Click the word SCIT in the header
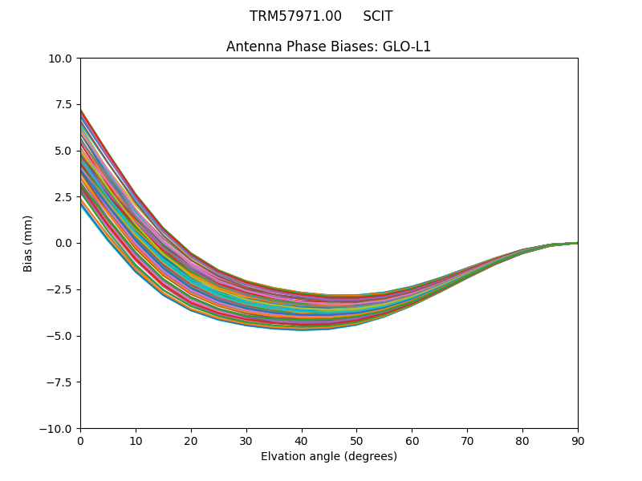tap(378, 16)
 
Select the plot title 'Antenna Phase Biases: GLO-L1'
tap(328, 46)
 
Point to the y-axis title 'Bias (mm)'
tap(28, 243)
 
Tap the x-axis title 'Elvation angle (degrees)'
tap(328, 457)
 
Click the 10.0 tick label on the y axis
tap(60, 58)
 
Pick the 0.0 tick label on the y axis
tap(63, 243)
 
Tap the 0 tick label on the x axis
tap(80, 441)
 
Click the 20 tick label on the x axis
tap(191, 441)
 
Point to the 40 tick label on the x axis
tap(302, 441)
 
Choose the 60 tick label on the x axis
tap(412, 441)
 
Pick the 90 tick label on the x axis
tap(578, 441)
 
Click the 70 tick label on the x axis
tap(467, 441)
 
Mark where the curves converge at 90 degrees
tap(577, 243)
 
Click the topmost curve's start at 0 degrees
tap(81, 110)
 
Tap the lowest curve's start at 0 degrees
tap(81, 203)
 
